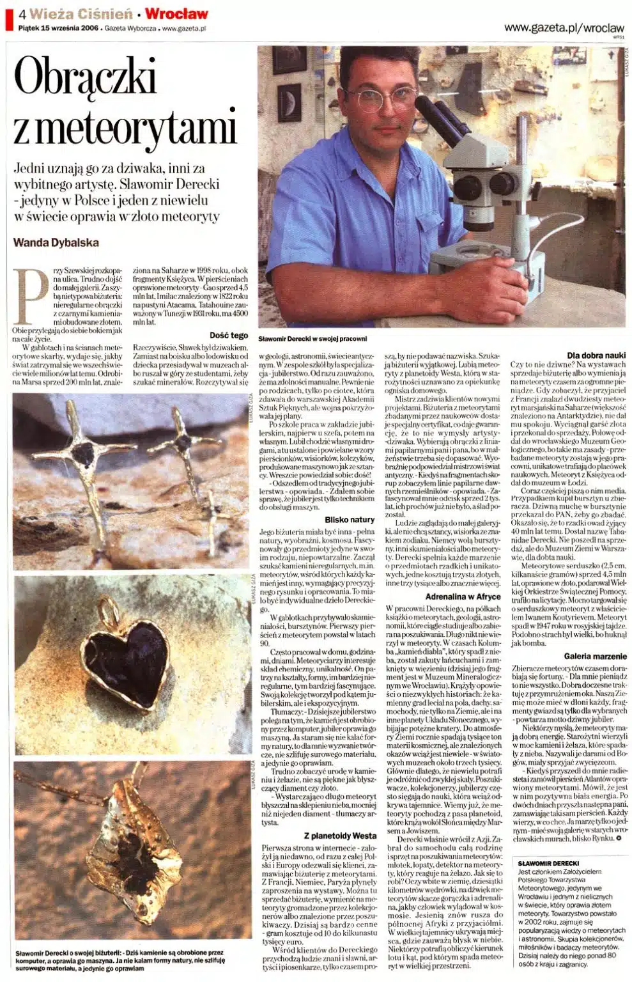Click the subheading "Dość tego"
pyautogui.click(x=229, y=335)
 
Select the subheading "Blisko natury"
pyautogui.click(x=349, y=520)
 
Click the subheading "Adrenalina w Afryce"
pyautogui.click(x=463, y=596)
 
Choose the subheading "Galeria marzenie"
pyautogui.click(x=595, y=657)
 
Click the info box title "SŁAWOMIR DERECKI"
pyautogui.click(x=548, y=863)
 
